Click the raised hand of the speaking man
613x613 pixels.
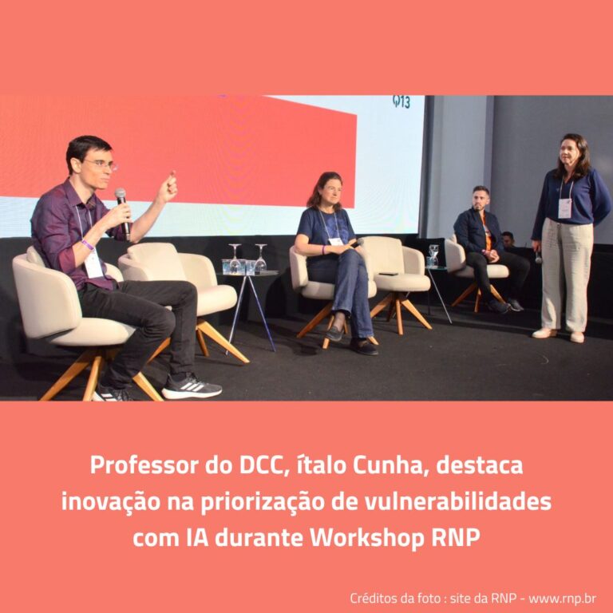point(168,187)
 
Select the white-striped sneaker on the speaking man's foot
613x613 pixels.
point(192,387)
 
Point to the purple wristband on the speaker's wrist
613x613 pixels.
point(88,245)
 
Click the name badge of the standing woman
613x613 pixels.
point(564,208)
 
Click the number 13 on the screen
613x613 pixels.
point(402,101)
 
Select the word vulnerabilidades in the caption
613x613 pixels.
point(458,502)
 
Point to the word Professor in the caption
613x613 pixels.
point(144,465)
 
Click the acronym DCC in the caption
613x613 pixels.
point(261,466)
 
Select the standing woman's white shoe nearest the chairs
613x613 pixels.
point(544,333)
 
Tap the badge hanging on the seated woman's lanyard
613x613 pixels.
point(336,242)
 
